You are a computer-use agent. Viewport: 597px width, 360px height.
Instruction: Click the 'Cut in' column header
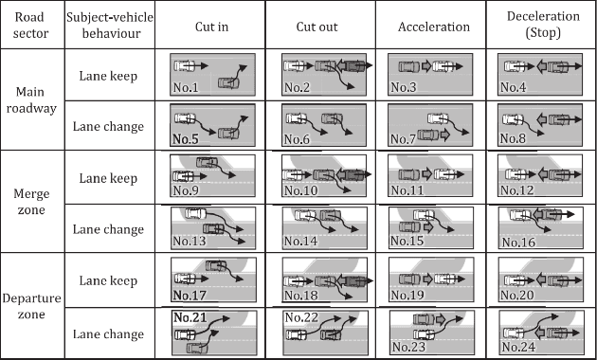(211, 27)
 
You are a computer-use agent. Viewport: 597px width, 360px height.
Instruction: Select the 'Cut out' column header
(317, 27)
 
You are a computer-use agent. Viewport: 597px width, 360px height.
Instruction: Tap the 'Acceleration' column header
(434, 27)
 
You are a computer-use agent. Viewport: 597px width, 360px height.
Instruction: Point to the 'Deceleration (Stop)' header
(543, 25)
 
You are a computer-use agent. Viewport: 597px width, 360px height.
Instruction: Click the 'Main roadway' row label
(31, 100)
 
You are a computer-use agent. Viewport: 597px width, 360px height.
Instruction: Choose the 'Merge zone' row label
(31, 202)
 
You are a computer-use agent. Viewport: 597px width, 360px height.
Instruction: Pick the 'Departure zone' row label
(31, 306)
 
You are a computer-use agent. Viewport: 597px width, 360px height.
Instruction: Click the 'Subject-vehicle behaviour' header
(110, 26)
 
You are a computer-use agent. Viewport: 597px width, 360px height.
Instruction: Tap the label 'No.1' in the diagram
(186, 87)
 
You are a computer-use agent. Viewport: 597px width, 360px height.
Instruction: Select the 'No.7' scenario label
(403, 139)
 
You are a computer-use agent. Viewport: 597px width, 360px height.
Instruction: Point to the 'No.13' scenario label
(190, 241)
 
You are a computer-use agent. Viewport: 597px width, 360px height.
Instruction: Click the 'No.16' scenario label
(518, 242)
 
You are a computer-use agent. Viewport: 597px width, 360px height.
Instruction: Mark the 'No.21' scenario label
(190, 317)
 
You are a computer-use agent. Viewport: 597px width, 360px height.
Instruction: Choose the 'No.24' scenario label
(518, 347)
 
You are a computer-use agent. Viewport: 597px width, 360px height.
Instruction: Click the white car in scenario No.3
(443, 66)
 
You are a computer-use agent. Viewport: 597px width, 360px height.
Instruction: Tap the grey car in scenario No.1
(228, 82)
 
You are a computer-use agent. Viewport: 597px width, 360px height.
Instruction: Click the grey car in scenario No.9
(208, 163)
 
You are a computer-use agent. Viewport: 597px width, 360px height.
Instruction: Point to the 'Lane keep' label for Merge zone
(108, 178)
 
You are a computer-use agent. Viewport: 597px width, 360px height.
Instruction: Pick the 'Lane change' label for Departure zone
(109, 334)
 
